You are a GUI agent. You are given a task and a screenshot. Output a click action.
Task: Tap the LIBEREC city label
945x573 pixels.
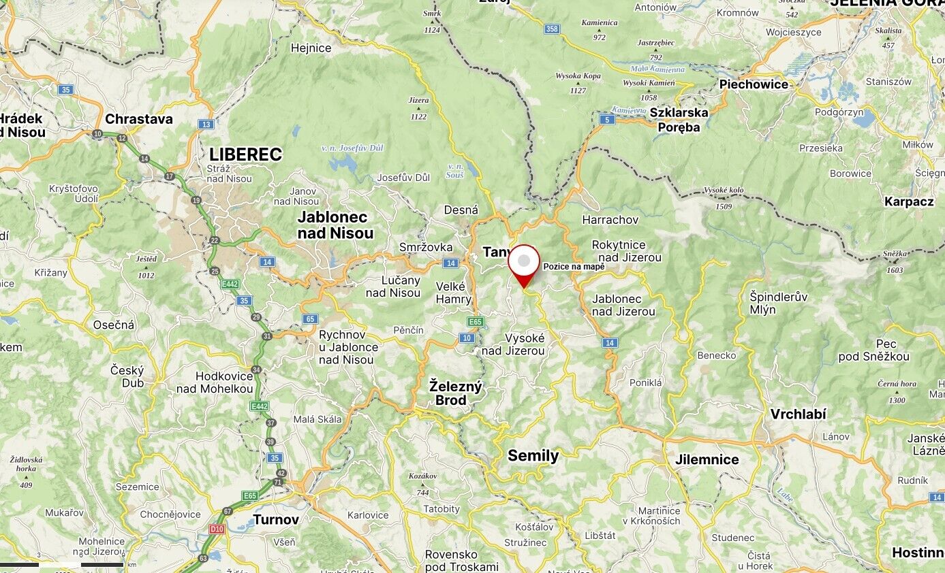point(245,154)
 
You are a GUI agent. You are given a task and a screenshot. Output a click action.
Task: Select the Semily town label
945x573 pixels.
point(533,456)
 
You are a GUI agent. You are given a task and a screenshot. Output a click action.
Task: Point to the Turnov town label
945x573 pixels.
point(276,520)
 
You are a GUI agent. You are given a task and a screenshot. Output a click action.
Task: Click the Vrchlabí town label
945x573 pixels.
point(798,414)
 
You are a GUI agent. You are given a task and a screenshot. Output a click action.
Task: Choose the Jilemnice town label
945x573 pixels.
point(707,459)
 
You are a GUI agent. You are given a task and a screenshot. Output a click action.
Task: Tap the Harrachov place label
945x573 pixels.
point(610,220)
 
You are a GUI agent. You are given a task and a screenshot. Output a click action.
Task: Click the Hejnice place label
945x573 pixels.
point(311,48)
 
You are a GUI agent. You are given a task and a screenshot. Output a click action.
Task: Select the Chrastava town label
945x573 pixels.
point(139,119)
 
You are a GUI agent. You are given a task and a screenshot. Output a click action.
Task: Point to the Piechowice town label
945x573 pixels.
point(754,84)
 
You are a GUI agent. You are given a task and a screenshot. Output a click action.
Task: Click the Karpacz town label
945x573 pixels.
point(909,201)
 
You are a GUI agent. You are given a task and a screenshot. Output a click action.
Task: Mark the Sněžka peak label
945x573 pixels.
point(895,254)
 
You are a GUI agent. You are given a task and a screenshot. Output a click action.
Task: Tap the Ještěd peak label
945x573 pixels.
point(146,259)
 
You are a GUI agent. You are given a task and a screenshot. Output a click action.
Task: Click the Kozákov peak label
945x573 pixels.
point(422,476)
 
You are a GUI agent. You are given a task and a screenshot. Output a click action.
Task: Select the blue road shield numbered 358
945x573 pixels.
point(552,29)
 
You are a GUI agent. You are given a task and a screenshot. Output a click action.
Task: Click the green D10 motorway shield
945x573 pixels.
point(217,528)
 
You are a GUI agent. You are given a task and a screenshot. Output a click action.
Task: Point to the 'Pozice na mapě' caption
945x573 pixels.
point(574,267)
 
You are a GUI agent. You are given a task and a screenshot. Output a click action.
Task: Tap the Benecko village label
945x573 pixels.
point(716,355)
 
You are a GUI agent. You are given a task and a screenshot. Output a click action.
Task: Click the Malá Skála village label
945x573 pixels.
point(317,419)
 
